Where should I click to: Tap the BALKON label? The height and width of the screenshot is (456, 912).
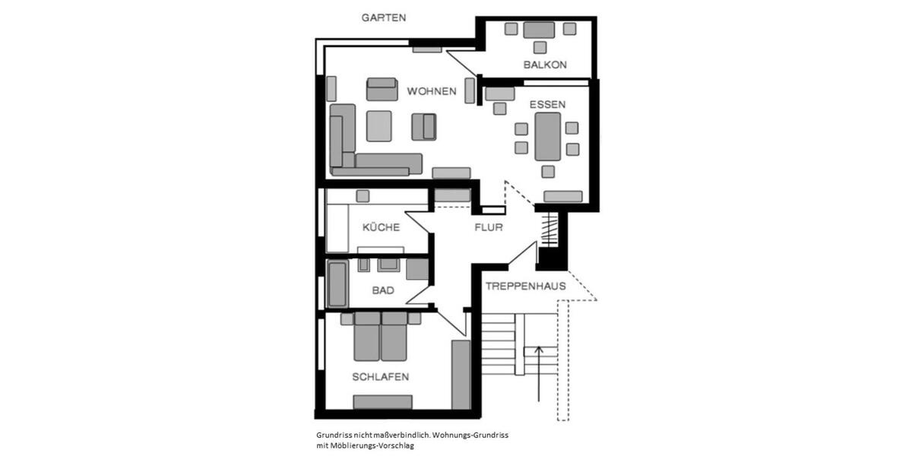(545, 65)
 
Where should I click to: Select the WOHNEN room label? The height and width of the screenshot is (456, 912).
(431, 91)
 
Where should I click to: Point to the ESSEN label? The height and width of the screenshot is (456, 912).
(547, 104)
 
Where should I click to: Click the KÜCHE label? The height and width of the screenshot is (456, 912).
(381, 227)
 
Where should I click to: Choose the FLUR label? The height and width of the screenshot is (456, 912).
(488, 227)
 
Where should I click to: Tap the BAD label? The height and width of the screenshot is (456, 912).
(383, 290)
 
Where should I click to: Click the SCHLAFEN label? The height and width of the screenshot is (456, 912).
(381, 377)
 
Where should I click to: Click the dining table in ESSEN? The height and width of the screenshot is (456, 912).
(548, 137)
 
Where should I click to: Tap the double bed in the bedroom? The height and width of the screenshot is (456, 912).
(381, 336)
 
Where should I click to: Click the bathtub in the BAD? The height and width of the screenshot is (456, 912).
(337, 283)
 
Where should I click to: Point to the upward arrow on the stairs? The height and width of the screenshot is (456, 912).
(539, 372)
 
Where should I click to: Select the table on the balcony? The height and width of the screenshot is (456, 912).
(540, 30)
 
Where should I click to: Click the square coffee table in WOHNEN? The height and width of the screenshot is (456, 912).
(378, 126)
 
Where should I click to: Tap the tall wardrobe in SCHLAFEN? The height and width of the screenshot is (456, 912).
(461, 375)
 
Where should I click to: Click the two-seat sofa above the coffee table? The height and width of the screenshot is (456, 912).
(382, 89)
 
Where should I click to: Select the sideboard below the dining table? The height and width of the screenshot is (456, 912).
(563, 197)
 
